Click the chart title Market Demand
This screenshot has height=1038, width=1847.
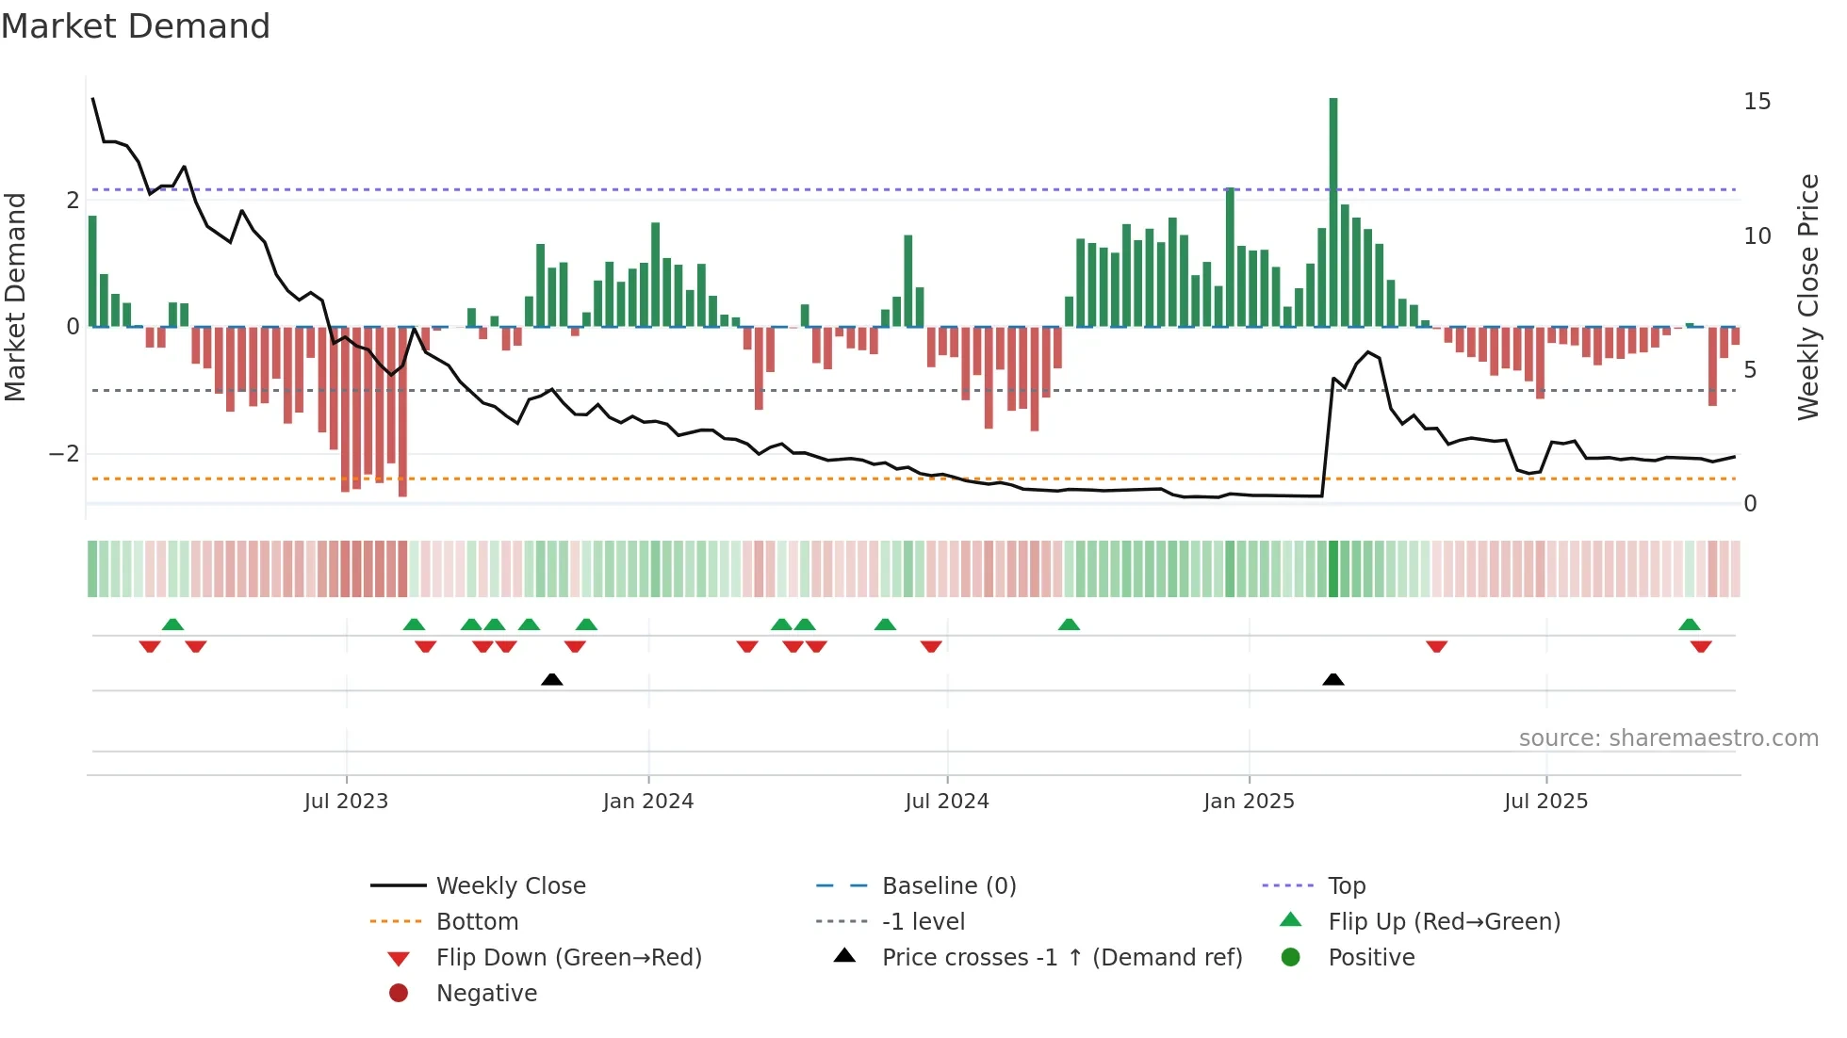click(136, 26)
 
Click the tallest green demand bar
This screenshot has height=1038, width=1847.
click(1333, 212)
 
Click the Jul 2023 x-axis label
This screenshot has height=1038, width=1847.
click(346, 802)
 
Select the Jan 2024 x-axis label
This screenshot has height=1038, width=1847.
click(648, 802)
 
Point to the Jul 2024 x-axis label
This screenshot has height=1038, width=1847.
click(947, 802)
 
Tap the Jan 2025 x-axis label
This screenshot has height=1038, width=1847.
click(1249, 802)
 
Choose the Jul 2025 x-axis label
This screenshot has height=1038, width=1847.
click(1546, 802)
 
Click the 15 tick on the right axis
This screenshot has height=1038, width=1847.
click(1757, 102)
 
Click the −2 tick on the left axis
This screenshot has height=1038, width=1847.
click(65, 454)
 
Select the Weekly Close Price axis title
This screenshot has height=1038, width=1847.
click(1807, 297)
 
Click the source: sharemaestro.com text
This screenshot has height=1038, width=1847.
click(1668, 738)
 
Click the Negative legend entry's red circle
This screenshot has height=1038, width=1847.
click(399, 994)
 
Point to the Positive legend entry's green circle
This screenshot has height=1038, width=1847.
click(1291, 958)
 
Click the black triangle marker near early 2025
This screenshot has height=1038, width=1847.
click(1333, 680)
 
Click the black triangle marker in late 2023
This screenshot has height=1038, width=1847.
click(552, 680)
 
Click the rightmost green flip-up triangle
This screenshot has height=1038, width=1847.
click(1690, 624)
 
